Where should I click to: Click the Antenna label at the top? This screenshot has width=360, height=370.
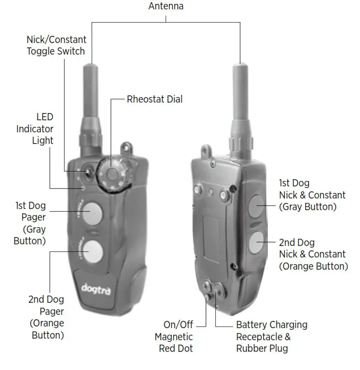166,7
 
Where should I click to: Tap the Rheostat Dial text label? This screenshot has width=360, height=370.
155,99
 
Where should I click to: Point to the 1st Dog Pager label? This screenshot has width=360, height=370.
30,223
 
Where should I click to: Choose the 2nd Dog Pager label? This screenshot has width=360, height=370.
46,317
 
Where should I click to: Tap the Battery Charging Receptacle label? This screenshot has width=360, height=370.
271,336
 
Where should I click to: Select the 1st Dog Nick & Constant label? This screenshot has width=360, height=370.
312,195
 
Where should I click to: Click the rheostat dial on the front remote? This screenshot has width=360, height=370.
113,176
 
